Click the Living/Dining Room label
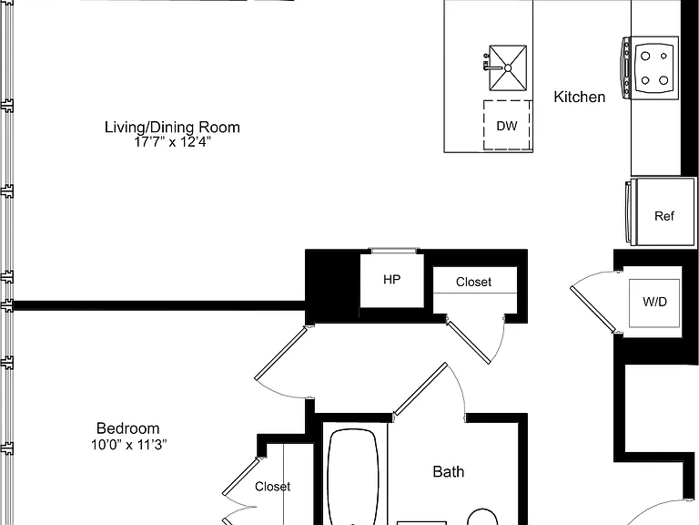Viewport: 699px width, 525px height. click(172, 128)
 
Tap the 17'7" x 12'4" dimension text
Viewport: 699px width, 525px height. click(172, 142)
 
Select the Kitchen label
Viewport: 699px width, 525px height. click(579, 97)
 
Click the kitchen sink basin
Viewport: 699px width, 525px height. click(508, 67)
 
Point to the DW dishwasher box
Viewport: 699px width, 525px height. click(507, 125)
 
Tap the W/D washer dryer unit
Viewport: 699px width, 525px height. click(654, 303)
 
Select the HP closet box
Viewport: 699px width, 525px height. click(391, 281)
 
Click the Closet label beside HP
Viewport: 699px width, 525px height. click(473, 282)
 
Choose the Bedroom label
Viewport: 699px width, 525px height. click(128, 428)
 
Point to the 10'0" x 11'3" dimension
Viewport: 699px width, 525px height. click(129, 445)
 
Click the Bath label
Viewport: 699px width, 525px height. click(449, 472)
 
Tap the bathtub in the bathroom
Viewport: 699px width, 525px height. click(352, 477)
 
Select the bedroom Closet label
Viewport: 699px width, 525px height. click(272, 486)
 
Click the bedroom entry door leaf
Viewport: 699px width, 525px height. click(281, 353)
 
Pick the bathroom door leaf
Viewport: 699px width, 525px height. click(420, 389)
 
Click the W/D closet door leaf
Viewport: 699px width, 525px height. click(593, 309)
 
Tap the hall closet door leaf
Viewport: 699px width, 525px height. click(469, 343)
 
